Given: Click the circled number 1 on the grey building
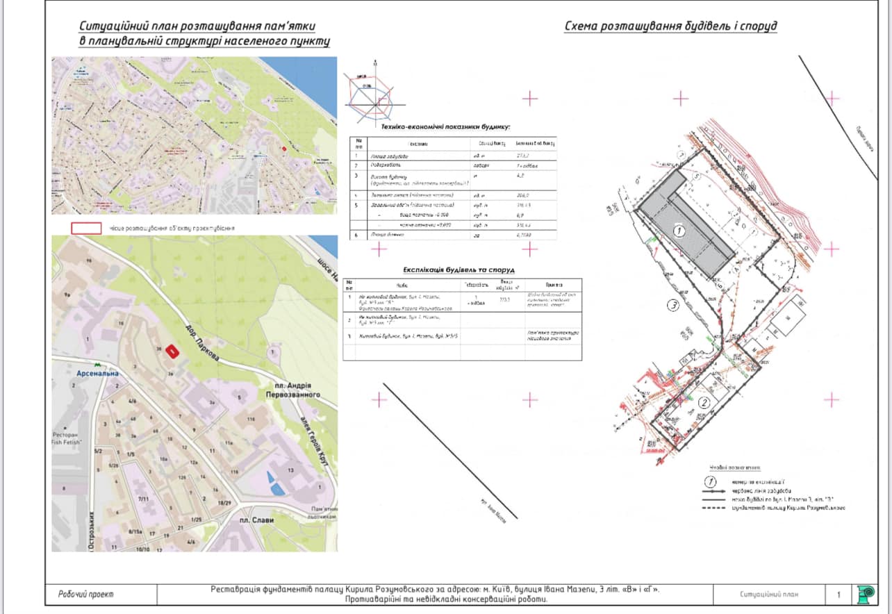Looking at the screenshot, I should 681,231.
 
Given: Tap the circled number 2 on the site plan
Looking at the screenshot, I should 704,403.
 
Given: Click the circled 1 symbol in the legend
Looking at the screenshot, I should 711,481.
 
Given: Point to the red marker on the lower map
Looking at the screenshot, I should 170,352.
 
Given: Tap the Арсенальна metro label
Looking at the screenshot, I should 94,373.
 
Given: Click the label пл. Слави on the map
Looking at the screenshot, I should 254,520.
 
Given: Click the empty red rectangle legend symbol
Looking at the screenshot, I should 86,228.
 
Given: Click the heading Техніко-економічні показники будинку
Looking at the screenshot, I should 445,127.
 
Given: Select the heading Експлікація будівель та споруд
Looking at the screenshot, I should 459,269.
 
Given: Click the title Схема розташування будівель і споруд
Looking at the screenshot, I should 670,26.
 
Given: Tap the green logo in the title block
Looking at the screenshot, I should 866,594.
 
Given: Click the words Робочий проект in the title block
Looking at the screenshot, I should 85,595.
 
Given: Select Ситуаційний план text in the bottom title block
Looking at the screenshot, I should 769,595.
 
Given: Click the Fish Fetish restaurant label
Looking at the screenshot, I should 67,438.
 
